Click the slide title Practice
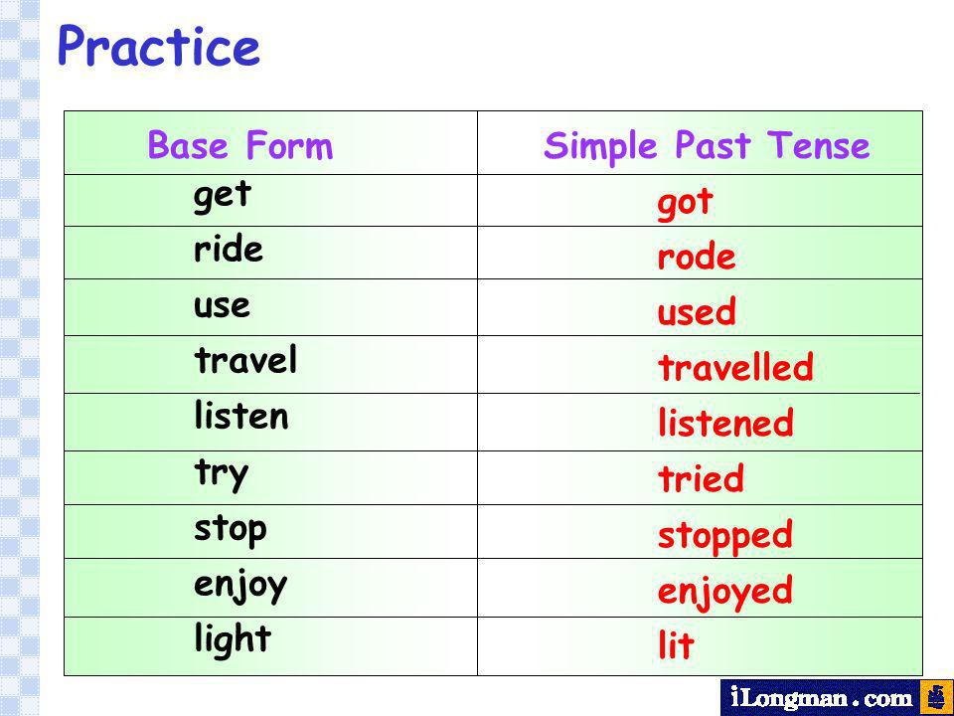159,46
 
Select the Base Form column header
240,145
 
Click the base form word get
222,197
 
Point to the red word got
685,203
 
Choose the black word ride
229,249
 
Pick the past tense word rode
696,256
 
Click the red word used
696,310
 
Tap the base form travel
245,359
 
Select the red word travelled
735,367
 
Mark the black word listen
240,416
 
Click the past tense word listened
725,422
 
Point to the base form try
222,474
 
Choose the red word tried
701,478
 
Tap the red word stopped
725,536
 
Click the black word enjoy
240,587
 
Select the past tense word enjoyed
725,592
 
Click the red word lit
676,644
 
